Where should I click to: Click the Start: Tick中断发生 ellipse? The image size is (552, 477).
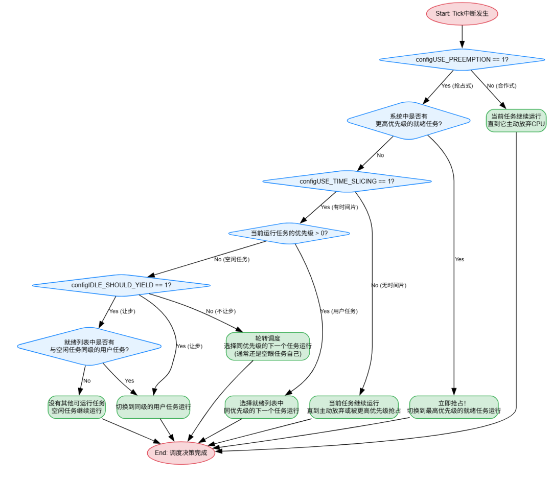pyautogui.click(x=462, y=14)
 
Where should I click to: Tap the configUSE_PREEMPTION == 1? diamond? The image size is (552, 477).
pyautogui.click(x=462, y=60)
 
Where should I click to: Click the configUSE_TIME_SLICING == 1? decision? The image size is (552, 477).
pyautogui.click(x=347, y=181)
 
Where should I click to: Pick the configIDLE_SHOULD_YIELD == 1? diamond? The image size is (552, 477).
pyautogui.click(x=121, y=285)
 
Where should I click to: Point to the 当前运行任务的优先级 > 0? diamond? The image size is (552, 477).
pyautogui.click(x=289, y=233)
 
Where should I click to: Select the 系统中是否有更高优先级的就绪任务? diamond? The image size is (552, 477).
pyautogui.click(x=408, y=120)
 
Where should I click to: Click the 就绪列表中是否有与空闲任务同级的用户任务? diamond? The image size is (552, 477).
pyautogui.click(x=89, y=346)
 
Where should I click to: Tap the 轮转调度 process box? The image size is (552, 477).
pyautogui.click(x=267, y=346)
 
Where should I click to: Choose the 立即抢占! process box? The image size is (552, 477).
pyautogui.click(x=453, y=407)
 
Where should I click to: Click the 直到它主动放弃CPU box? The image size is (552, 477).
pyautogui.click(x=516, y=120)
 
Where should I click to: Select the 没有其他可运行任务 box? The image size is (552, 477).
pyautogui.click(x=77, y=407)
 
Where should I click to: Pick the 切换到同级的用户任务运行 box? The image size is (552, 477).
pyautogui.click(x=153, y=407)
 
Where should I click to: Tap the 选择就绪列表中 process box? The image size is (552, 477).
pyautogui.click(x=261, y=407)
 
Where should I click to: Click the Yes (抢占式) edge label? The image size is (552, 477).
pyautogui.click(x=457, y=85)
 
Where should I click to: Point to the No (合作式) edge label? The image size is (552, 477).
pyautogui.click(x=501, y=85)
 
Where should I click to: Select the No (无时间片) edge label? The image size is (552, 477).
pyautogui.click(x=388, y=285)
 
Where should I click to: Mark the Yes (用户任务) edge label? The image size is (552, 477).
pyautogui.click(x=338, y=311)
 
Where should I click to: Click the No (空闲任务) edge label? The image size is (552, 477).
pyautogui.click(x=232, y=259)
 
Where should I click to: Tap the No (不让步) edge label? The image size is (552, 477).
pyautogui.click(x=221, y=311)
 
